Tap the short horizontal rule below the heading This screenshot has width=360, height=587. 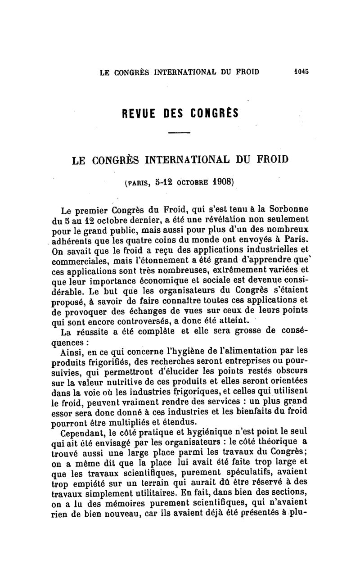click(180, 133)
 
